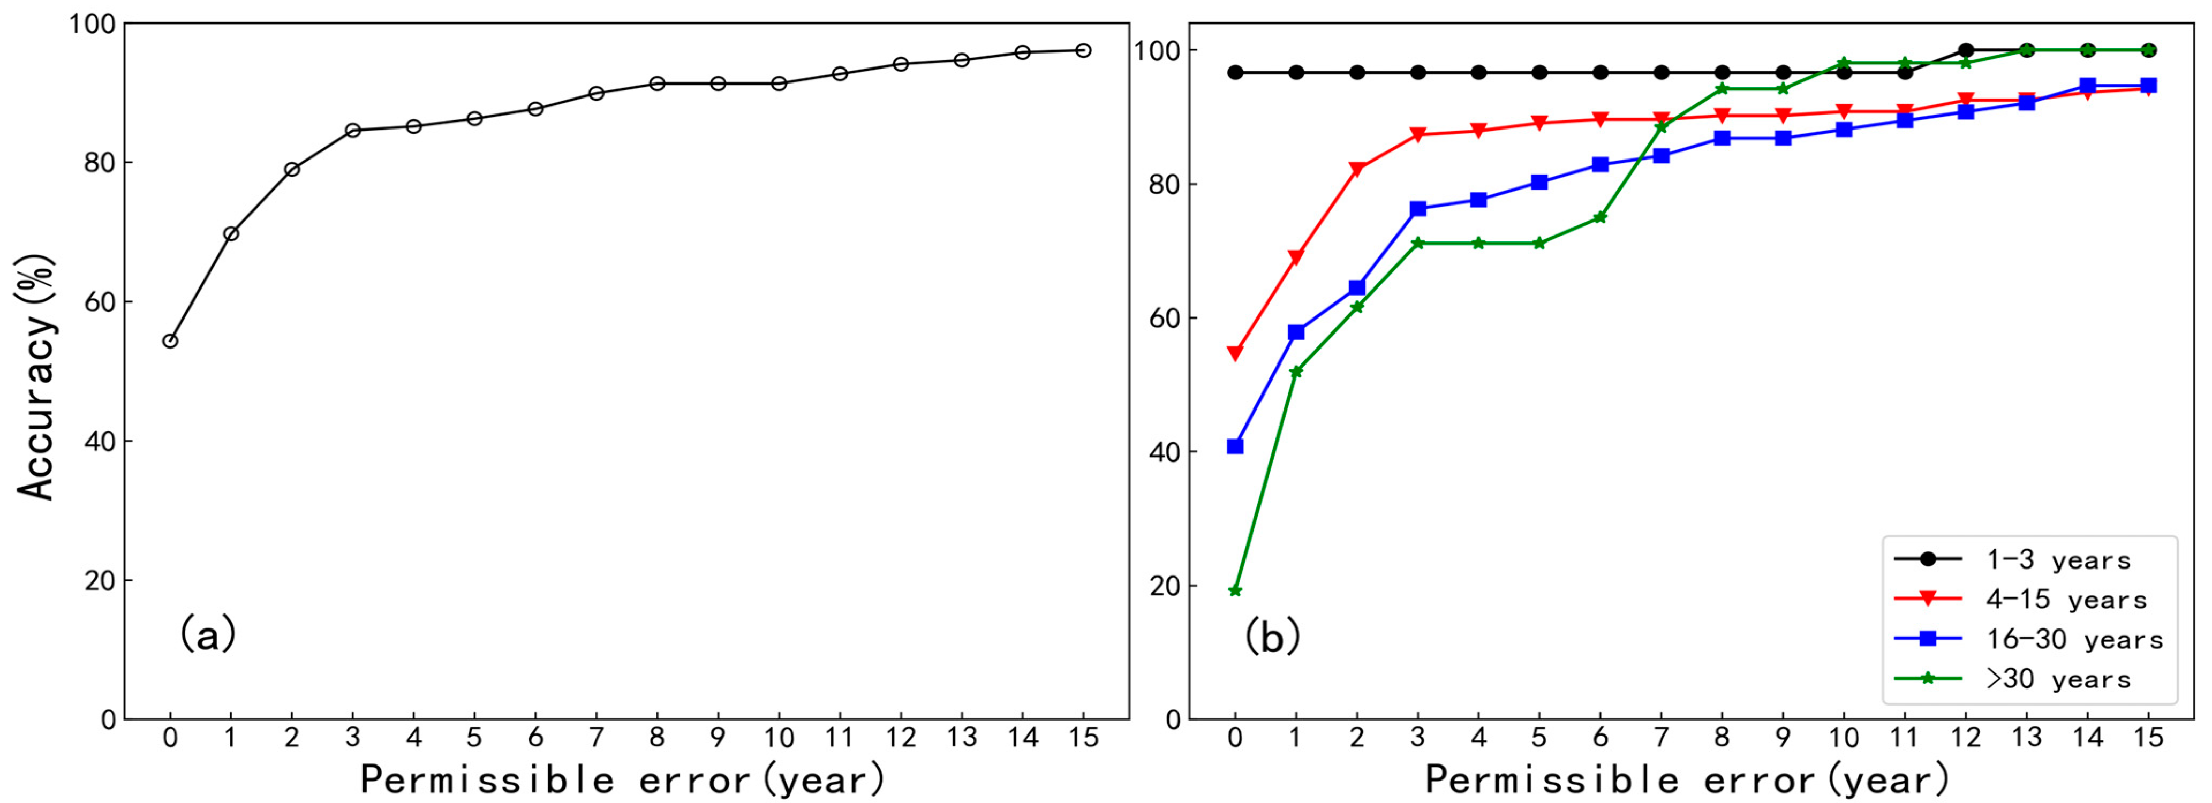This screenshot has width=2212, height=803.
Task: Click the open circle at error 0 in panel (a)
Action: point(170,341)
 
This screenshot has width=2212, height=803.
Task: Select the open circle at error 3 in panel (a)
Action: point(353,131)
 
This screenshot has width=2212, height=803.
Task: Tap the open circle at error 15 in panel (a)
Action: point(1084,51)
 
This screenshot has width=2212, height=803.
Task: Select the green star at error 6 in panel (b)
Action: point(1601,217)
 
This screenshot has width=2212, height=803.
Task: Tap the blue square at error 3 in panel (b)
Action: point(1418,209)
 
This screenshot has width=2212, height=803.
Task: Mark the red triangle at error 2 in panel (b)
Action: point(1357,169)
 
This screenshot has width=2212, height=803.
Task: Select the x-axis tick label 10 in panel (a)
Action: point(779,738)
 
